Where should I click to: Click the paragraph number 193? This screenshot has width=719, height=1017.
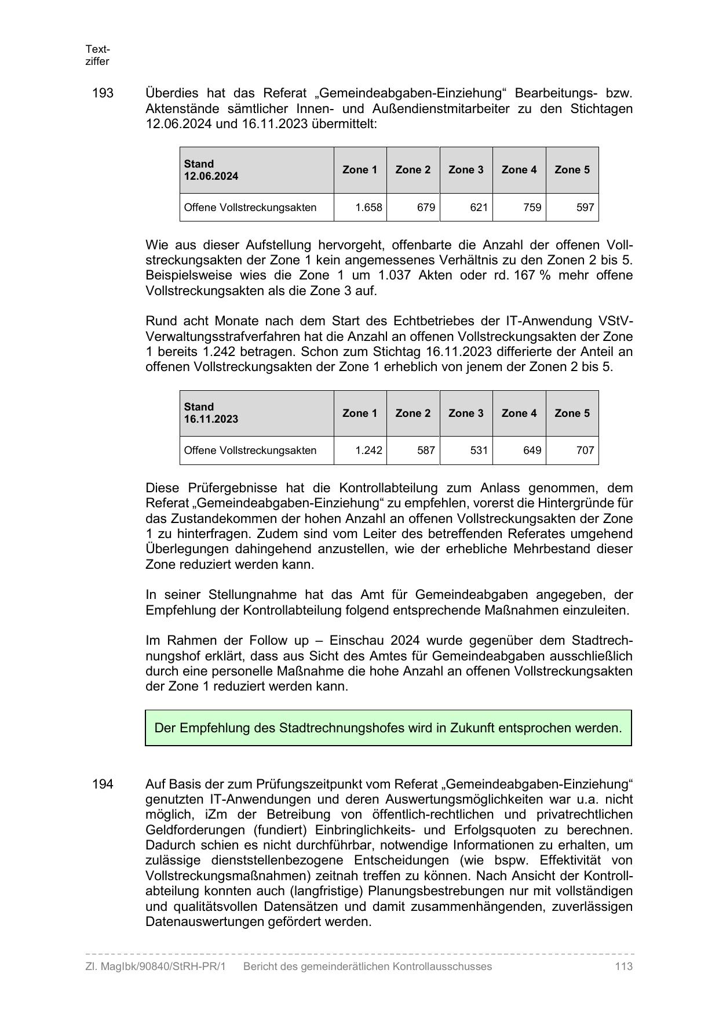point(103,93)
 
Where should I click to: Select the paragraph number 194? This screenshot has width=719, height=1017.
point(103,784)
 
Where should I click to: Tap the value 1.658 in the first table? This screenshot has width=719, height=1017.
point(369,208)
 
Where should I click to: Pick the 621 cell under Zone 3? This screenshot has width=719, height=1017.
point(479,208)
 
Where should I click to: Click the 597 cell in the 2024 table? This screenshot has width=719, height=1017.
point(585,208)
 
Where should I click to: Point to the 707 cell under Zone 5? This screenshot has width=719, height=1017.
point(585,451)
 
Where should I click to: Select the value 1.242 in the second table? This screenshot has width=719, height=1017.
point(369,451)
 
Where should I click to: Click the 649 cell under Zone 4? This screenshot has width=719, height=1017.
point(532,451)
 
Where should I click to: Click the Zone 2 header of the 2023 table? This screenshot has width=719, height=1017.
point(413,413)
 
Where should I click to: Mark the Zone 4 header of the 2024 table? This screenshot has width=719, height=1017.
point(519,170)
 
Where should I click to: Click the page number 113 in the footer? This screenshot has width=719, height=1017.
point(624,967)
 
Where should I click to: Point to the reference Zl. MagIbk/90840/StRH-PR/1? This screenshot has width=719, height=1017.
point(155,967)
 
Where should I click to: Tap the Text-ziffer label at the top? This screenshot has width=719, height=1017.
point(97,55)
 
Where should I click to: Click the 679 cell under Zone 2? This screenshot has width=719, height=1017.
point(426,208)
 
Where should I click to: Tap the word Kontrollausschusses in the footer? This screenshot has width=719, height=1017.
point(442,967)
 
